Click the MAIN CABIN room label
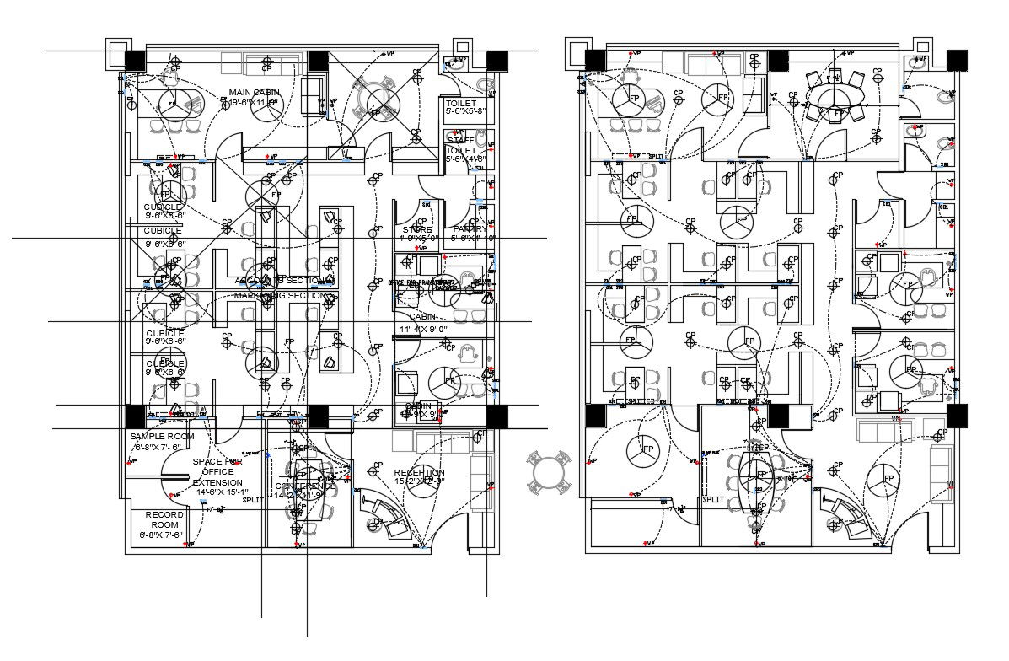[x=250, y=93]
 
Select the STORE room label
[x=417, y=229]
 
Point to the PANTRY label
[x=470, y=229]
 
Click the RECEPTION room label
[x=419, y=473]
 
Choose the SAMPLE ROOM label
[x=162, y=436]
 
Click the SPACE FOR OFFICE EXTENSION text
[x=217, y=472]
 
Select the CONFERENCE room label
[x=305, y=486]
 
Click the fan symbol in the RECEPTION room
[x=429, y=480]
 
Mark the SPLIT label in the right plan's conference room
[x=713, y=499]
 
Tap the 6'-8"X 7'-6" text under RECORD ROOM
[x=161, y=535]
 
